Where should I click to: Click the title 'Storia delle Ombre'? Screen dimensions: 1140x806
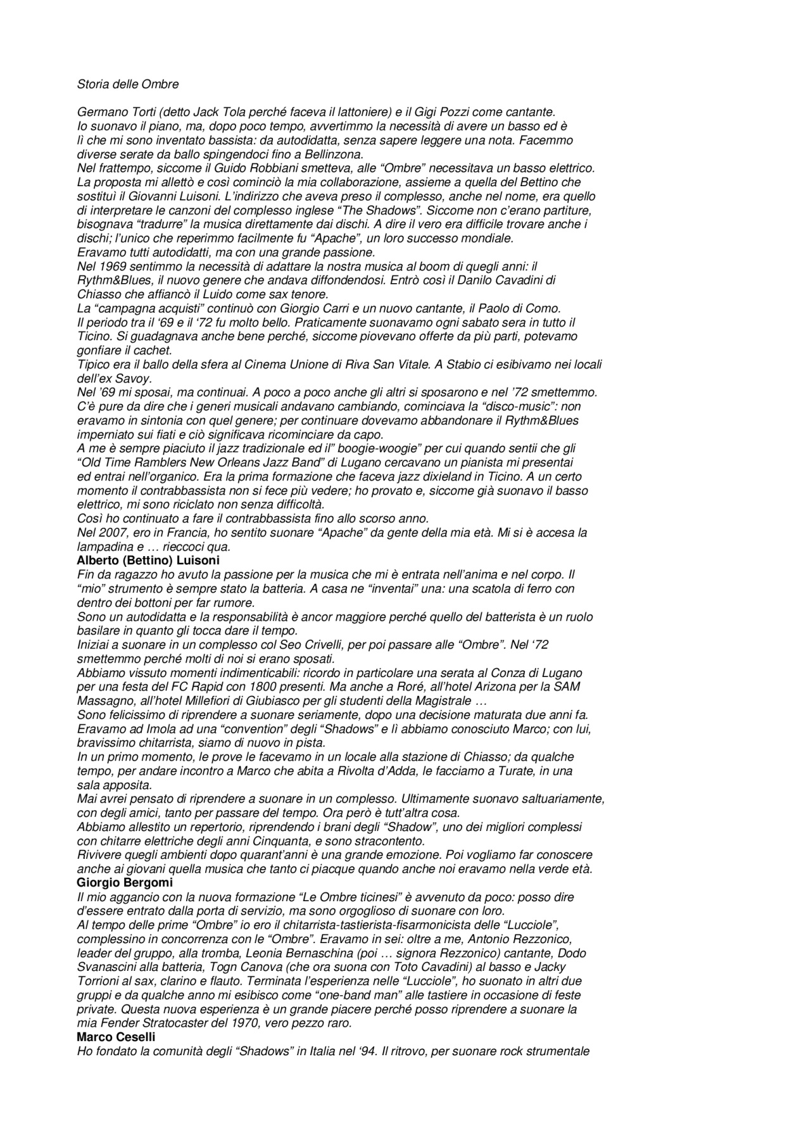click(x=128, y=84)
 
